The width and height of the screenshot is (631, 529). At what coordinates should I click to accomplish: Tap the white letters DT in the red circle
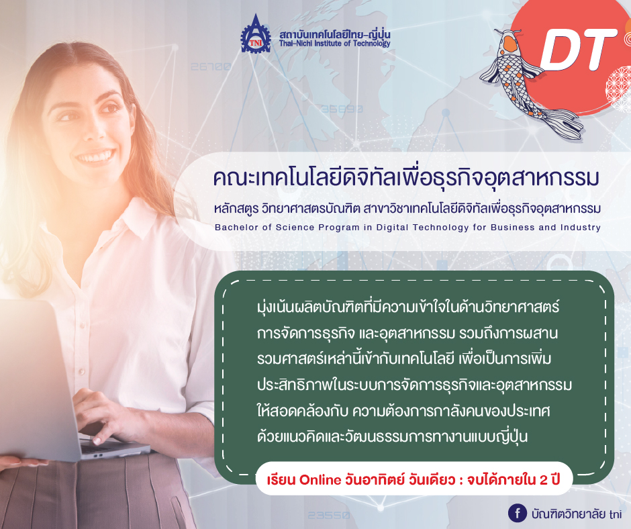tap(578, 50)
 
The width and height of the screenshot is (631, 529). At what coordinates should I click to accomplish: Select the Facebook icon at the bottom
tap(517, 513)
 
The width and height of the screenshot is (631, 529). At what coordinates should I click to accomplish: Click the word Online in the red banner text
tap(320, 480)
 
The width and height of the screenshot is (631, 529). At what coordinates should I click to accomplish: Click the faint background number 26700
tap(211, 66)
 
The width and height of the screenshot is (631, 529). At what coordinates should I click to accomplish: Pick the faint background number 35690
tap(342, 109)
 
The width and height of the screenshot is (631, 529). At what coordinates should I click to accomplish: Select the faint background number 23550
tap(328, 515)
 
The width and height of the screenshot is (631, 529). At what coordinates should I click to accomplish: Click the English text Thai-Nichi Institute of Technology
tap(334, 44)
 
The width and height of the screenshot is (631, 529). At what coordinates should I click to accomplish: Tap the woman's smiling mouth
tap(95, 156)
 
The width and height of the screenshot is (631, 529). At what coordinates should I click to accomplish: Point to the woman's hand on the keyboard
tap(105, 415)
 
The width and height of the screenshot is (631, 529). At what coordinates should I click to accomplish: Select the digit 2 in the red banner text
tap(544, 480)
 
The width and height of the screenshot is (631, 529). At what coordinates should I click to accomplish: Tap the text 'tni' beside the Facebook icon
tap(616, 514)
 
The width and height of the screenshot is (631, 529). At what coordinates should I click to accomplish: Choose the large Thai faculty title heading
tap(406, 179)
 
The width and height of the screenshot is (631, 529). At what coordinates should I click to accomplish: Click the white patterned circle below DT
tap(620, 89)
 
